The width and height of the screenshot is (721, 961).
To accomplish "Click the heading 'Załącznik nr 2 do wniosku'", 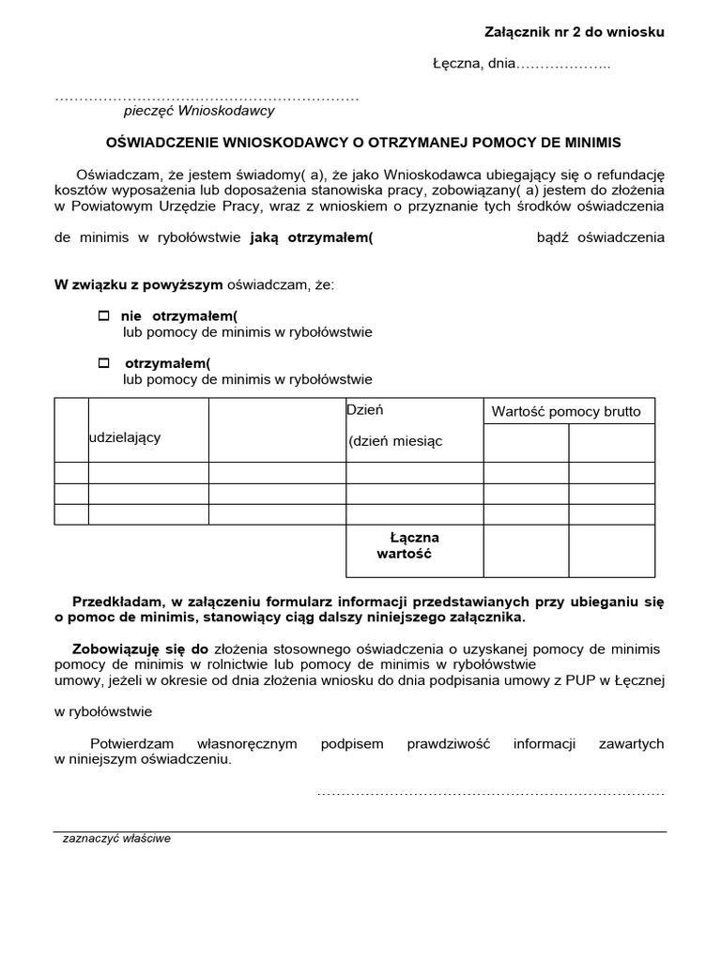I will tap(574, 32).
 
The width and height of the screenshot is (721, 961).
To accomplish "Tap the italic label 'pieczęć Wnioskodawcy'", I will tap(199, 111).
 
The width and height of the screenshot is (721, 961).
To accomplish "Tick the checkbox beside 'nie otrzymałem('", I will tap(104, 316).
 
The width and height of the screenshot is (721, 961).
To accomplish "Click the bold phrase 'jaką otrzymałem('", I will tap(312, 237).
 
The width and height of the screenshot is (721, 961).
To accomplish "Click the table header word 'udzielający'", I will tap(124, 437).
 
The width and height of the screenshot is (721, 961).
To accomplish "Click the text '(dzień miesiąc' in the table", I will tap(394, 441).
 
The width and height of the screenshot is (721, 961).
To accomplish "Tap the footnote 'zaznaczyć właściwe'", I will tap(116, 838).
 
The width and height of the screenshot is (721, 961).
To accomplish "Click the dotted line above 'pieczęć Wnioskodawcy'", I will tap(207, 98).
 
